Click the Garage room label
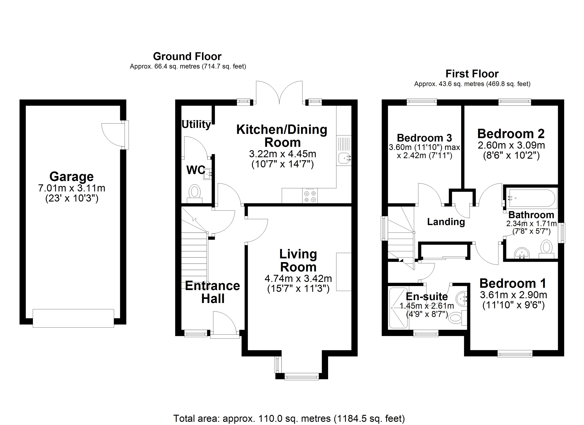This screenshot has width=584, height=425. [71, 177]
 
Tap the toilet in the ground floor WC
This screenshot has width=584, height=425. [195, 192]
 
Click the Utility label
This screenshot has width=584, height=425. [196, 124]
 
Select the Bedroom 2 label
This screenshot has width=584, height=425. [511, 134]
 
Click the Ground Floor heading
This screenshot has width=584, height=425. [187, 56]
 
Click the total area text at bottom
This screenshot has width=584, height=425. [289, 418]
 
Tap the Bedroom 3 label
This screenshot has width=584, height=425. [424, 138]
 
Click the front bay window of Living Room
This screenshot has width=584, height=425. [302, 377]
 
